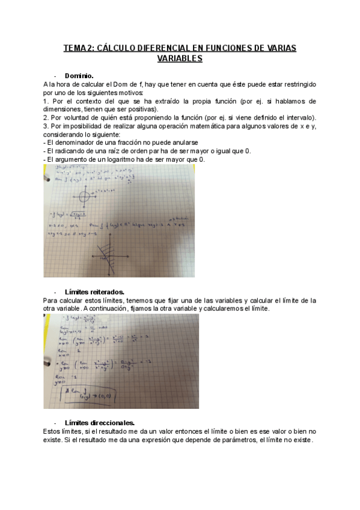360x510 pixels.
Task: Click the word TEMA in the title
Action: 75,48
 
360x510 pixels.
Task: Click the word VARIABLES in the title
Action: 180,59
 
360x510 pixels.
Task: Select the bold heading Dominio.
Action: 79,76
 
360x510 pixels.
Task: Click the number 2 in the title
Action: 88,48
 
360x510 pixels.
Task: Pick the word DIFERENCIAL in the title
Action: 165,48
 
